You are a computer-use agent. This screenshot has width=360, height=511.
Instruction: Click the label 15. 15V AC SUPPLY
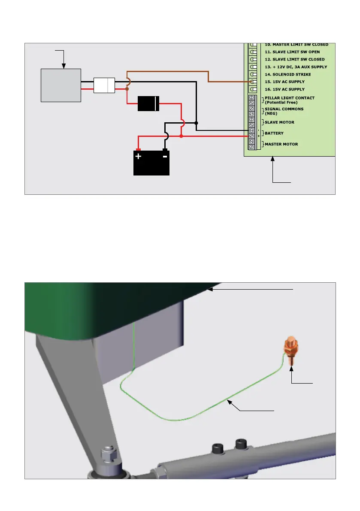[285, 82]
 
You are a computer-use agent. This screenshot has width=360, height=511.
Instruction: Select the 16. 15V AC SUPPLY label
[285, 89]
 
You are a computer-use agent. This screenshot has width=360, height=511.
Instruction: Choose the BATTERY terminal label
[274, 133]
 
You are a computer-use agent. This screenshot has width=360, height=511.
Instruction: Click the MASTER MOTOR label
[281, 144]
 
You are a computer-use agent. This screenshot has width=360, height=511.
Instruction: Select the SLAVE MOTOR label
[279, 122]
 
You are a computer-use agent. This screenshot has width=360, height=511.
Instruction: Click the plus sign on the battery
[138, 157]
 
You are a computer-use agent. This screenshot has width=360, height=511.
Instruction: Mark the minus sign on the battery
[165, 157]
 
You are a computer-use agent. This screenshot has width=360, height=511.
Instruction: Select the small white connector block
[104, 85]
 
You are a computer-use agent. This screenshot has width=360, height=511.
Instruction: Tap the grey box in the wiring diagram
[61, 85]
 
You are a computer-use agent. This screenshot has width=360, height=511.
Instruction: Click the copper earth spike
[291, 352]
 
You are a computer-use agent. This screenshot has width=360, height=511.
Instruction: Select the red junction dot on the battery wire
[182, 136]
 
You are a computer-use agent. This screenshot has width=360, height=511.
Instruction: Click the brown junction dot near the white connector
[127, 89]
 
